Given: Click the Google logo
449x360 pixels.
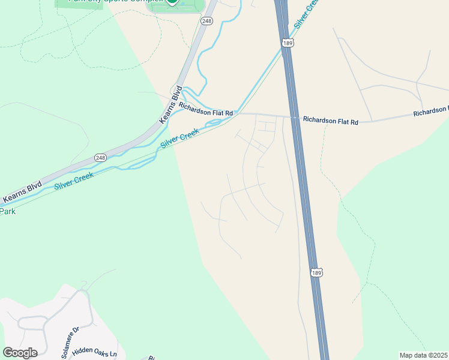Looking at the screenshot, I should [20, 352].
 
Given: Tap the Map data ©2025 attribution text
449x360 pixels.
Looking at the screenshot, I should [423, 355].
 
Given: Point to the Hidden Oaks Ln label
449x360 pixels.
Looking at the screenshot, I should [94, 352].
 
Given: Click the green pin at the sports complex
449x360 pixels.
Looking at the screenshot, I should [172, 2].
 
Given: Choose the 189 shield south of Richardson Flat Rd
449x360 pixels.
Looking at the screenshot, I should [316, 273].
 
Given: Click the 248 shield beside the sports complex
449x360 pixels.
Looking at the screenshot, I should [207, 21].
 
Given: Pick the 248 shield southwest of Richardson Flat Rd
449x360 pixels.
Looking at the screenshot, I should [100, 158].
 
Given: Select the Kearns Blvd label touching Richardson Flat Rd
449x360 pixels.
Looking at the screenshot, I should [170, 105].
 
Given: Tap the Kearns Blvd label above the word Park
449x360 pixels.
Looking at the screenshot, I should [22, 190].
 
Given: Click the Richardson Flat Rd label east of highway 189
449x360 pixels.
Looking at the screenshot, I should [330, 121].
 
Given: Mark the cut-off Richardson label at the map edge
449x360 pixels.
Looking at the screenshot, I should [430, 112].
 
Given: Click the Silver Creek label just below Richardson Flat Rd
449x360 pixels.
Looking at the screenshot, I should [179, 139].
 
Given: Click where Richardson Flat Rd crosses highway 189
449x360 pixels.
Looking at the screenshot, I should [295, 117].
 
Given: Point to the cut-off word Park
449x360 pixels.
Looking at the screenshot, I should [7, 211].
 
